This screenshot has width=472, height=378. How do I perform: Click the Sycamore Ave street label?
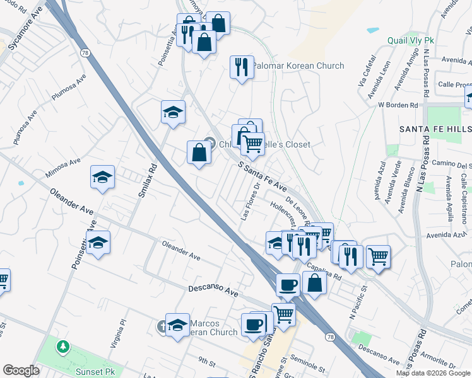[x=23, y=23]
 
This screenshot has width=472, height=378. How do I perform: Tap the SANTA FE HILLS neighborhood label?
[x=434, y=129]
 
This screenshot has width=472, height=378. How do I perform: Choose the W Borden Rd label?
[x=398, y=105]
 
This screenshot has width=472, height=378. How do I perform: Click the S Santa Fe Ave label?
[x=263, y=177]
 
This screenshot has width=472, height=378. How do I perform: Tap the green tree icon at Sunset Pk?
[x=63, y=346]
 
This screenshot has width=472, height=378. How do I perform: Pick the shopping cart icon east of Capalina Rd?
[x=378, y=255]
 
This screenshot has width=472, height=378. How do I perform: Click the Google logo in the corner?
[x=21, y=370]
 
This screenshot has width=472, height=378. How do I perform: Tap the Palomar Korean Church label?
[x=298, y=66]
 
